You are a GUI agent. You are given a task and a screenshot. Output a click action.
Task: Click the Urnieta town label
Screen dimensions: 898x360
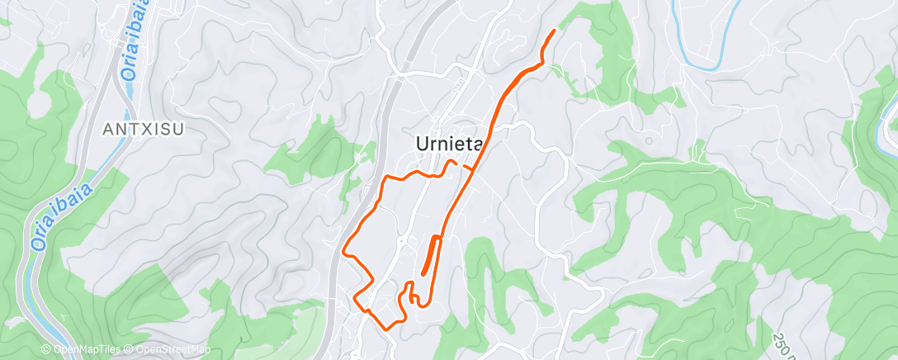point(447,144)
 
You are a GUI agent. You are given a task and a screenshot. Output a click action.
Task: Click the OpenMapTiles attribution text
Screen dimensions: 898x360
point(80,350)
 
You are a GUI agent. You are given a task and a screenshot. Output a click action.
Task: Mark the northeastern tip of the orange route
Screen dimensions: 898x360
point(554,31)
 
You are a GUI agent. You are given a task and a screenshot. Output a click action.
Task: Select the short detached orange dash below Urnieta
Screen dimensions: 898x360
point(467,168)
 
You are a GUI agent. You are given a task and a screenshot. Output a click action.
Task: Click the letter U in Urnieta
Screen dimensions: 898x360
point(420,144)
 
